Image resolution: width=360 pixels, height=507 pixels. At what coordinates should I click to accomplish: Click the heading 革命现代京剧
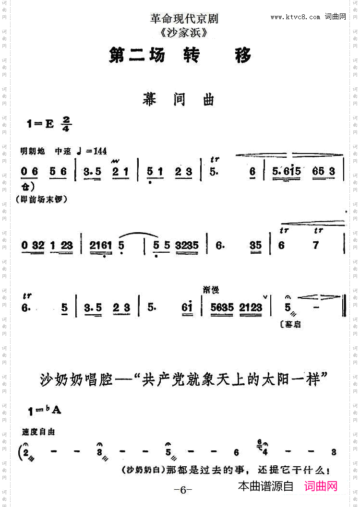pyautogui.click(x=184, y=19)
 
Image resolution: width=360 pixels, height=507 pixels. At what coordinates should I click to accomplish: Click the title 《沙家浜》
pyautogui.click(x=184, y=33)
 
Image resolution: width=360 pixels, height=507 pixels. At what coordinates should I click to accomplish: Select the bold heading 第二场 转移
pyautogui.click(x=180, y=56)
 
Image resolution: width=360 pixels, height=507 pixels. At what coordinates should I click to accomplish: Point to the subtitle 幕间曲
pyautogui.click(x=178, y=99)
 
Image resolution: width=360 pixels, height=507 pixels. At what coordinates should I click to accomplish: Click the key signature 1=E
pyautogui.click(x=40, y=123)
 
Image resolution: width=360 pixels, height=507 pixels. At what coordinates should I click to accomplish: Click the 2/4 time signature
pyautogui.click(x=66, y=123)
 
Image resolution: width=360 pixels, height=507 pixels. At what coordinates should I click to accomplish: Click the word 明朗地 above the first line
pyautogui.click(x=33, y=151)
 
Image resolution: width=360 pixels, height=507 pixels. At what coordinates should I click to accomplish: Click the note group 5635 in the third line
pyautogui.click(x=222, y=307)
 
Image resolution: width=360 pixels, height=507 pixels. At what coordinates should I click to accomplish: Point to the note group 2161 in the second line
pyautogui.click(x=100, y=246)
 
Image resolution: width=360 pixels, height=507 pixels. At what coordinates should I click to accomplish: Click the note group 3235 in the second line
pyautogui.click(x=187, y=246)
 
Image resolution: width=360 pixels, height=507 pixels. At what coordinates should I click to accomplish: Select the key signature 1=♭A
pyautogui.click(x=45, y=410)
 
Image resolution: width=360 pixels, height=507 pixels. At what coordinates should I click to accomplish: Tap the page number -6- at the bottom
pyautogui.click(x=182, y=490)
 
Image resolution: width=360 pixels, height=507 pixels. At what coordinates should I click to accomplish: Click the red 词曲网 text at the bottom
pyautogui.click(x=321, y=486)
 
